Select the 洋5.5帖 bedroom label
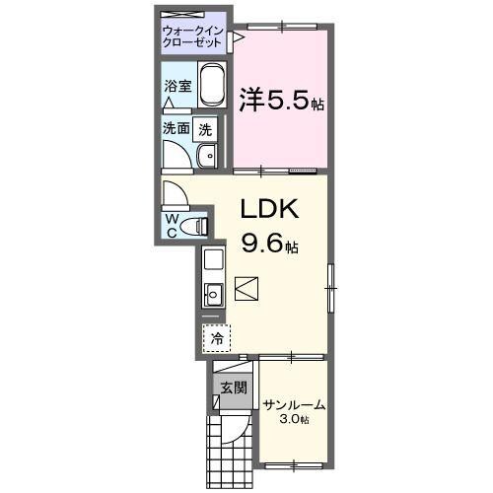click(282, 100)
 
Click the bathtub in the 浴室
click(211, 88)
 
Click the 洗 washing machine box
click(204, 128)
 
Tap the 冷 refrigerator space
click(215, 337)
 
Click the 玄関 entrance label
click(233, 387)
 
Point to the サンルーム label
click(294, 405)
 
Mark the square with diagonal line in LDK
click(246, 288)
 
